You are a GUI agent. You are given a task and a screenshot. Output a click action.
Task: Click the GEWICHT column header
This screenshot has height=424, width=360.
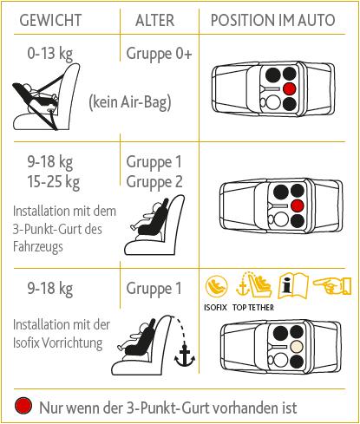52,19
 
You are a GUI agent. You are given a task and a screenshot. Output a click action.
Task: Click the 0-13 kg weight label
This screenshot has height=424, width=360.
49,54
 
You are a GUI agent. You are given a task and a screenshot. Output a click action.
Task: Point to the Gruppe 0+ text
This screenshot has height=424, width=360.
159,54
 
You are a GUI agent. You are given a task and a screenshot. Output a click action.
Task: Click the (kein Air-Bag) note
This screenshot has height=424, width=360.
129,101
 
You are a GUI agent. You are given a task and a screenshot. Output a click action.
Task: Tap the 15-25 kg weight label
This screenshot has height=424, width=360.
53,181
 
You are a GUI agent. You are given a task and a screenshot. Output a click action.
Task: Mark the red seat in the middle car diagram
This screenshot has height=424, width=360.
296,205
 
